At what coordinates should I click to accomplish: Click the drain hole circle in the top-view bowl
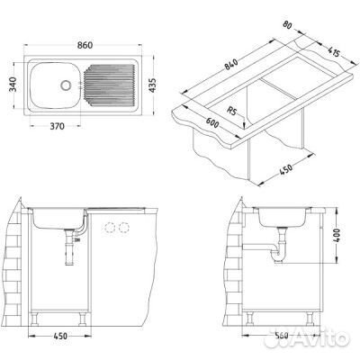[x=65, y=85]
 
